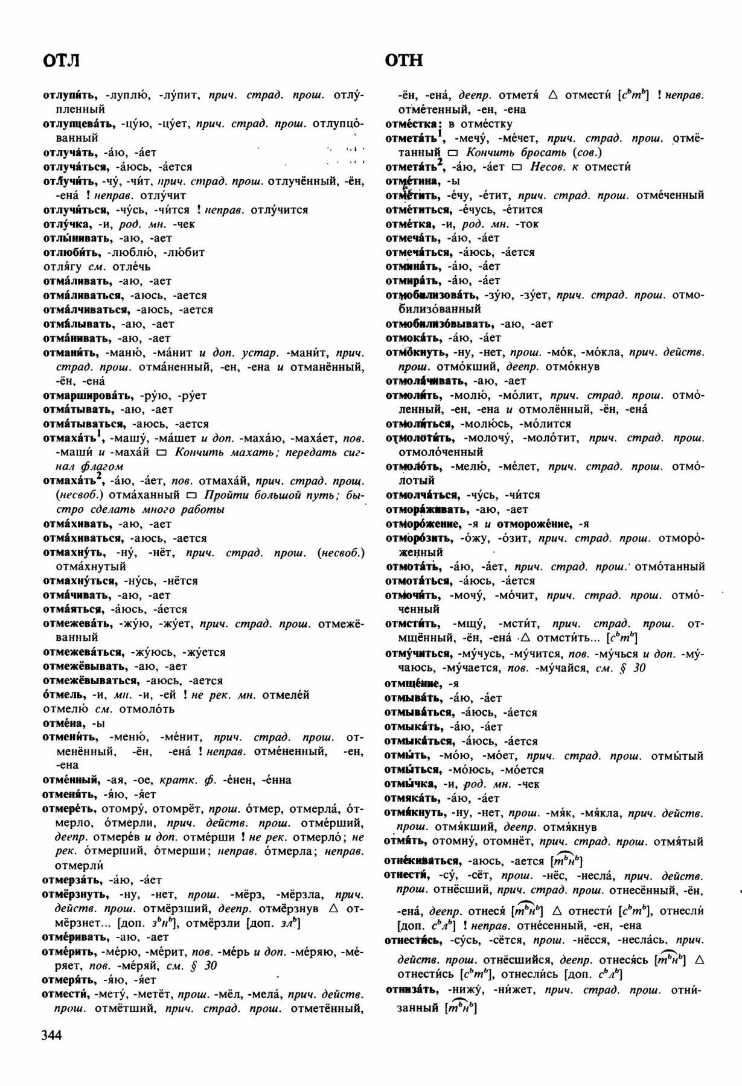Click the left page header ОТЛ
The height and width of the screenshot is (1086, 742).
62,61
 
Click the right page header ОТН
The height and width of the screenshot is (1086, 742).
404,61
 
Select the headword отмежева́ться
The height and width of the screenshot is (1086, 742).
83,652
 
